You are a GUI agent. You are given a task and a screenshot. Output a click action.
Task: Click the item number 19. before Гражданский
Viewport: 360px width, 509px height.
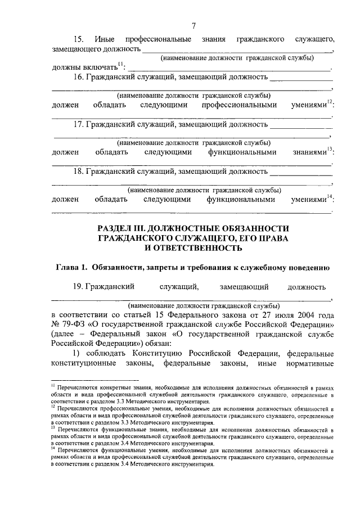(x=78, y=287)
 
